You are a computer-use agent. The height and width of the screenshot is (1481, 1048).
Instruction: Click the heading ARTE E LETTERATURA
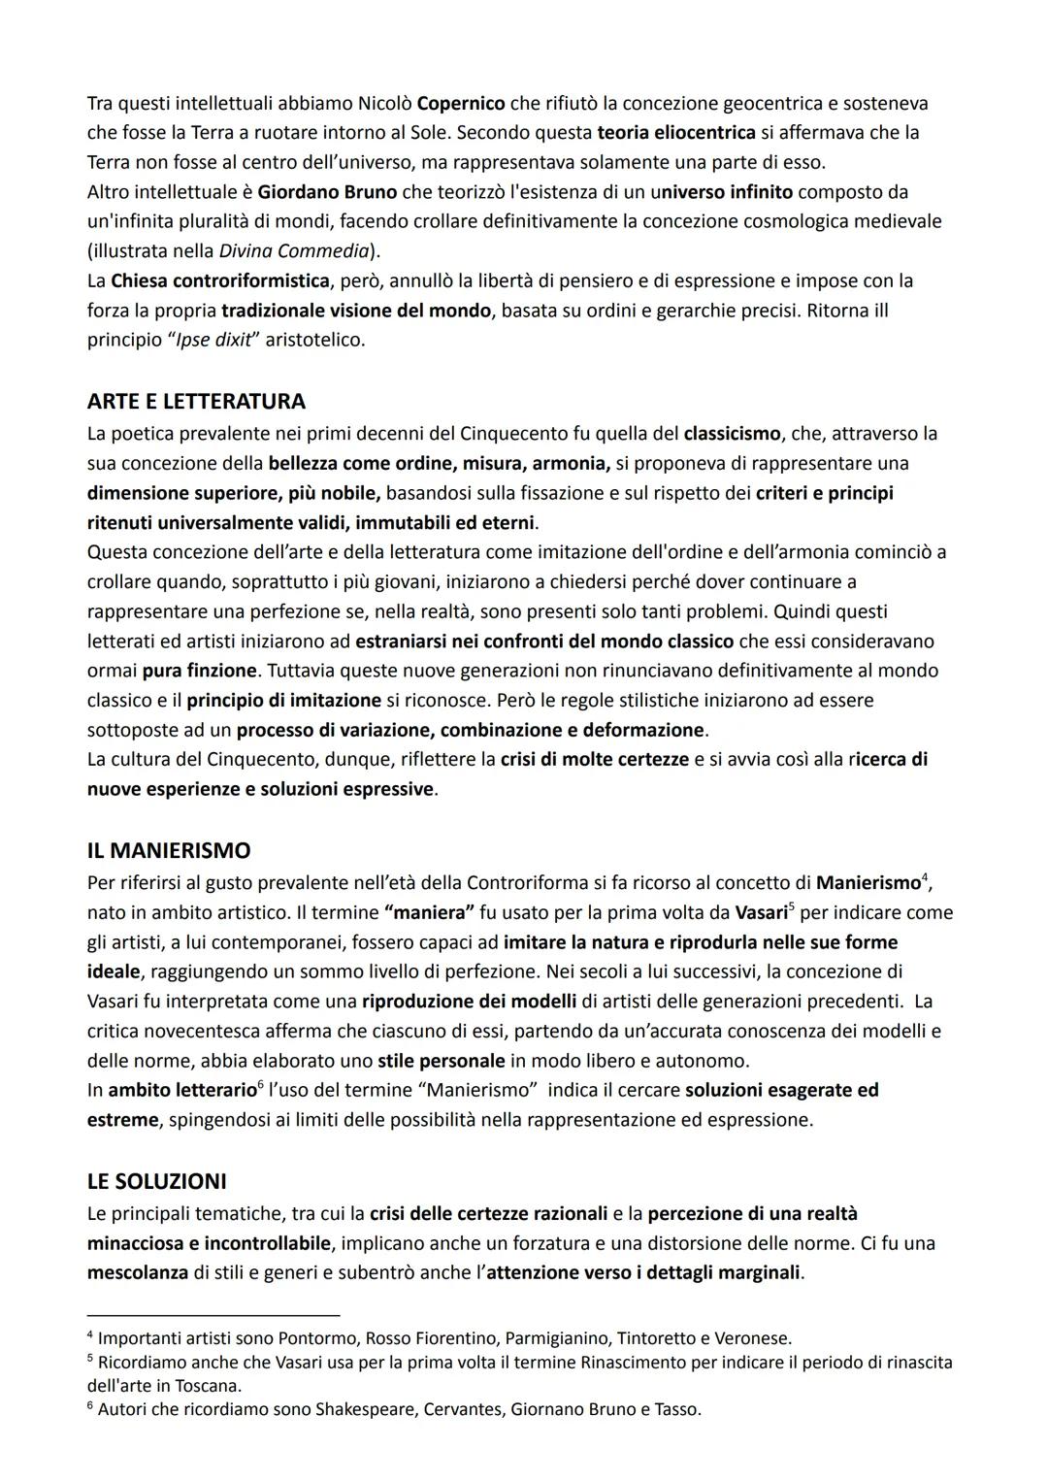click(x=196, y=401)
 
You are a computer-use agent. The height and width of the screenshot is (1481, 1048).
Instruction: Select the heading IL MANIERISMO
click(x=169, y=850)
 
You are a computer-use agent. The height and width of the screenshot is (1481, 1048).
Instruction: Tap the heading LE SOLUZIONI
click(x=156, y=1181)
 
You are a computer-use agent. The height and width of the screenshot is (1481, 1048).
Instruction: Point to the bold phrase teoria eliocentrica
click(x=676, y=132)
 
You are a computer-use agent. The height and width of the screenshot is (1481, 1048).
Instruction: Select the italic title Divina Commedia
click(x=294, y=251)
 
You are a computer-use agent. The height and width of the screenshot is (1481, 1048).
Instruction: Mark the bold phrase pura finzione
click(x=201, y=671)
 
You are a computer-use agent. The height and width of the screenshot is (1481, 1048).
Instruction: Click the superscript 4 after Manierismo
click(x=925, y=878)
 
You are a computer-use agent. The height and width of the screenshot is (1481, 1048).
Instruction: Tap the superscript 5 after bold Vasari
click(x=792, y=908)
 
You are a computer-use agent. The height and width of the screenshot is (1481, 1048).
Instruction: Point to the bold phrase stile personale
click(x=442, y=1060)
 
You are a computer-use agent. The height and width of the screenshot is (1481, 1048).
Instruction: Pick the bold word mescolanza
click(x=138, y=1272)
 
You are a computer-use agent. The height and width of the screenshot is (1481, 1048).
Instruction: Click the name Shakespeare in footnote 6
click(x=368, y=1409)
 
